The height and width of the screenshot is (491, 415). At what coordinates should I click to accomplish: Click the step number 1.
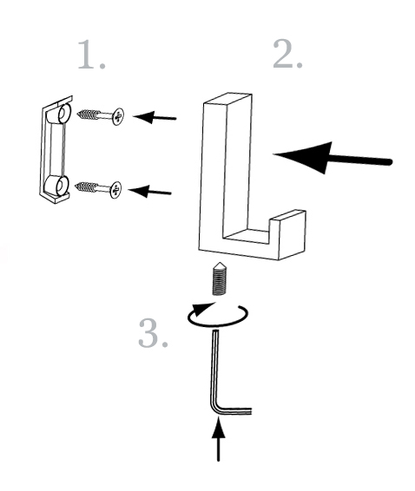pyautogui.click(x=91, y=54)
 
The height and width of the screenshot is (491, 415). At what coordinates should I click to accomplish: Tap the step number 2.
pyautogui.click(x=287, y=54)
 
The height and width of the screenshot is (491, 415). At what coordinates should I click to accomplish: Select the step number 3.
pyautogui.click(x=153, y=332)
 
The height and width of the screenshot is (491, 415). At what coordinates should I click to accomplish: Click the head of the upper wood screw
pyautogui.click(x=118, y=116)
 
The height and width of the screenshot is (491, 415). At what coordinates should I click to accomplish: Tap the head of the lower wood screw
pyautogui.click(x=115, y=190)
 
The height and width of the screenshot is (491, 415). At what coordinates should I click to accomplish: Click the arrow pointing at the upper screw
pyautogui.click(x=155, y=117)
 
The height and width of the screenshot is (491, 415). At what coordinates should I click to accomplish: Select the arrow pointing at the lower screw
pyautogui.click(x=150, y=192)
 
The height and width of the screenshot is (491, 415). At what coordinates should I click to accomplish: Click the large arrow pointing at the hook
pyautogui.click(x=333, y=158)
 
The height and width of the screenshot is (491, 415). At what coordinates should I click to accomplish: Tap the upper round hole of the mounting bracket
pyautogui.click(x=64, y=114)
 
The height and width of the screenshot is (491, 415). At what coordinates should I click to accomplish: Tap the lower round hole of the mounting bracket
pyautogui.click(x=62, y=186)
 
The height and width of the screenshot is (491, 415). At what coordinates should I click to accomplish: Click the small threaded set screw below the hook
pyautogui.click(x=220, y=278)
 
